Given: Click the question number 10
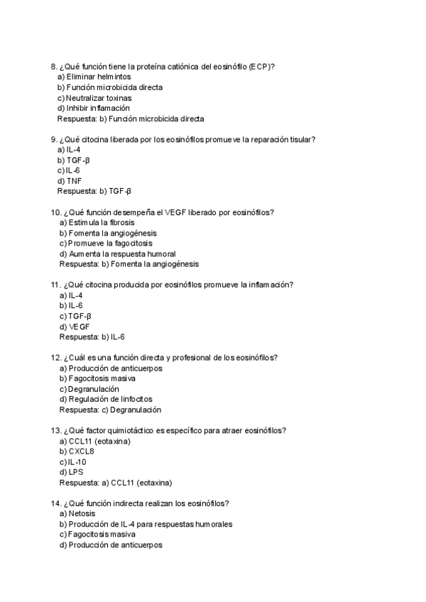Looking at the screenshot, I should click(x=56, y=212).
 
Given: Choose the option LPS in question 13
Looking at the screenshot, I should click(x=73, y=472).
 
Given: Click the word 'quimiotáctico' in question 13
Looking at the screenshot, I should click(x=152, y=430).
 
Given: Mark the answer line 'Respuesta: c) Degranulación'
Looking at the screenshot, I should click(x=110, y=410).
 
